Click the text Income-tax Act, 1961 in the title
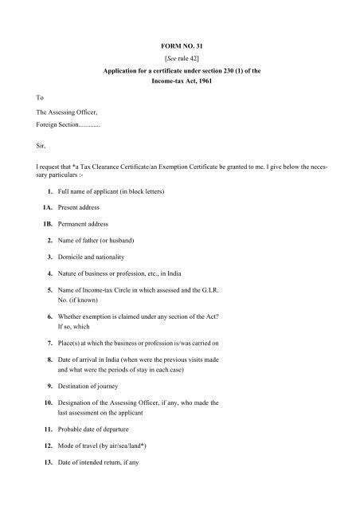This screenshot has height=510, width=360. pyautogui.click(x=179, y=82)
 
